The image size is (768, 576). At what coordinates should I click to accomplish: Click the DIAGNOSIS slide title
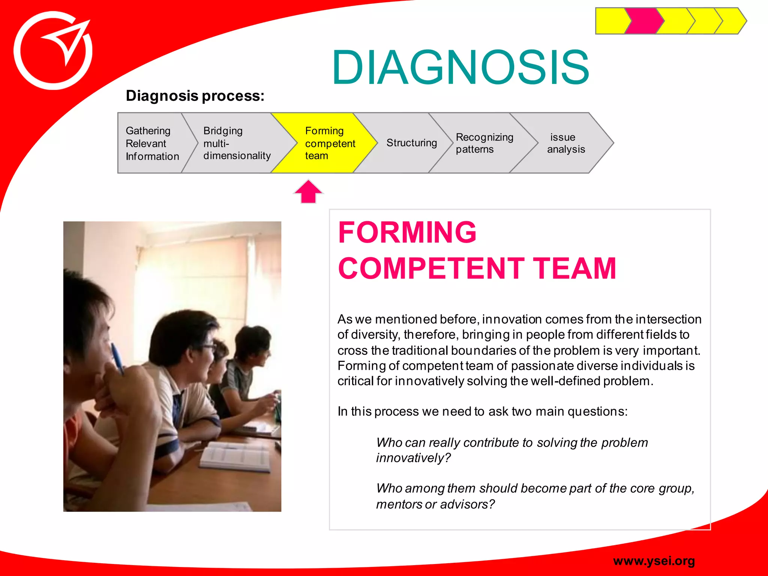(x=460, y=67)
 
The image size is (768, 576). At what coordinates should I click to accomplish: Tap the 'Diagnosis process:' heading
(x=195, y=96)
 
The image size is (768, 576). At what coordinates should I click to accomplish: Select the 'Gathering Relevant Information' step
(x=152, y=143)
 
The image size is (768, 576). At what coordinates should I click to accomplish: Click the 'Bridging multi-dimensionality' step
(x=237, y=143)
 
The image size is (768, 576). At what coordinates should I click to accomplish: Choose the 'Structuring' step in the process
(x=411, y=143)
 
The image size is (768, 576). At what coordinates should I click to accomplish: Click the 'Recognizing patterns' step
(x=484, y=143)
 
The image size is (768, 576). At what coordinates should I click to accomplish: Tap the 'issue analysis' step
(x=565, y=143)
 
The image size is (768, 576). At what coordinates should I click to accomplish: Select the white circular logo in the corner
(x=53, y=51)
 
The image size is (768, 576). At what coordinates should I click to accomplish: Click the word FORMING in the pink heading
(x=407, y=232)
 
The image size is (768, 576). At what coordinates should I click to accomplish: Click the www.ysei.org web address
(x=654, y=561)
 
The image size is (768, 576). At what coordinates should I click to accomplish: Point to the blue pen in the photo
(x=117, y=358)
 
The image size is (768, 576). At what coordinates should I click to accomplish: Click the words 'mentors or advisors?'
(x=435, y=504)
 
